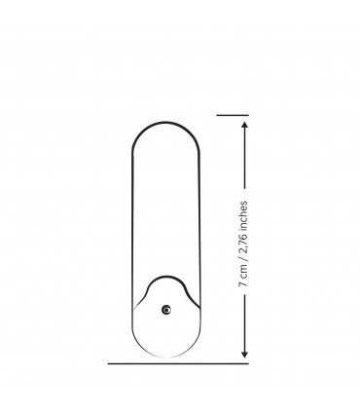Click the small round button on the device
(166, 310)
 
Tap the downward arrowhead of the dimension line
(245, 355)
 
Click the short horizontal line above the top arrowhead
(233, 115)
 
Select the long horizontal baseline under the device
(178, 363)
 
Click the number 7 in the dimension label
(242, 283)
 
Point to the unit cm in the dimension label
(243, 273)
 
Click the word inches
(243, 214)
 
